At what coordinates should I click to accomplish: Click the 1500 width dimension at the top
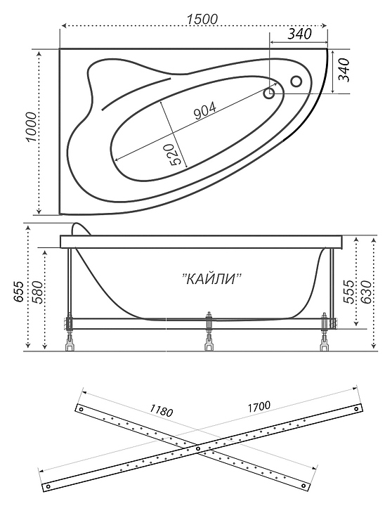[x=202, y=19]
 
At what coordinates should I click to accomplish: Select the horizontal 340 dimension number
[x=299, y=34]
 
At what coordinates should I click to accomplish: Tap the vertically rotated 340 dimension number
[x=344, y=70]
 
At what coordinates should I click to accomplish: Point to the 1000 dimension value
[x=32, y=127]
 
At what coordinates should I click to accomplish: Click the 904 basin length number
[x=205, y=111]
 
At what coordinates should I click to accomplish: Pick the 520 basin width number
[x=173, y=155]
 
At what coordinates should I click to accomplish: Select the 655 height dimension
[x=18, y=292]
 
